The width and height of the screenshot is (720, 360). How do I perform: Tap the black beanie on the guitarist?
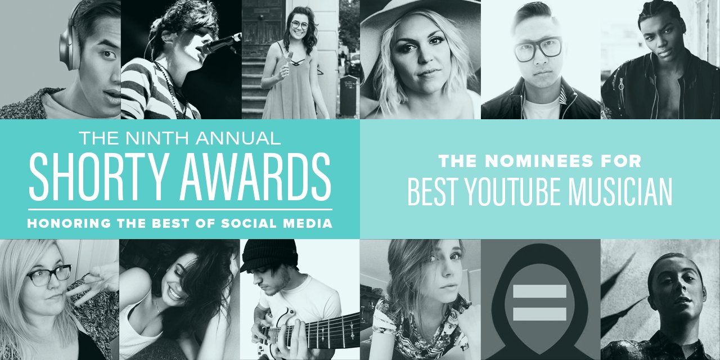pos(269,256)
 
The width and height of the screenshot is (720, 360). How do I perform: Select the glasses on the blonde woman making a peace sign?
pos(48,276)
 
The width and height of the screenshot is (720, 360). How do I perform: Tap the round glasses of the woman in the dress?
pos(300,25)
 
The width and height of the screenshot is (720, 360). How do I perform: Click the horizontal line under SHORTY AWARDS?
pos(180,209)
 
